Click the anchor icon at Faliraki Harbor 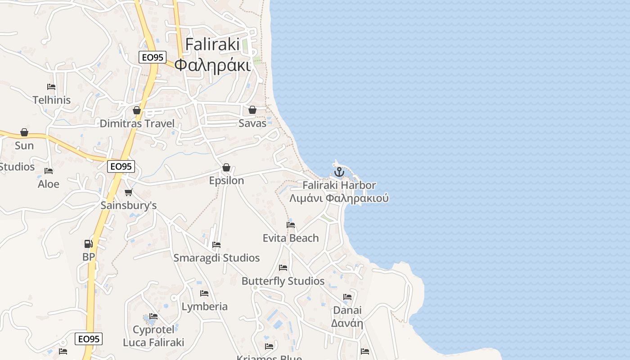[339, 171]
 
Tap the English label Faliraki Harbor [339, 185]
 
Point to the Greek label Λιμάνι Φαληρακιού [339, 198]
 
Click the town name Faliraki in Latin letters [212, 45]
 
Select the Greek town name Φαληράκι [212, 65]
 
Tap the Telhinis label [52, 100]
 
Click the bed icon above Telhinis [51, 87]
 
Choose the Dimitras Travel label [137, 123]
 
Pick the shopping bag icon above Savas [252, 110]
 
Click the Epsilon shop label [226, 180]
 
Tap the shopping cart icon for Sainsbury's [128, 193]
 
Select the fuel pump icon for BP [89, 244]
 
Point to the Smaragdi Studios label [216, 258]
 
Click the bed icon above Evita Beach [291, 225]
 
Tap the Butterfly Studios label [283, 281]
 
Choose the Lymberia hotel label [204, 306]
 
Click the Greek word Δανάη [347, 323]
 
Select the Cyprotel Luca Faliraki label [153, 336]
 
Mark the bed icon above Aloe [49, 171]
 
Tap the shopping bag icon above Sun [24, 132]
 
